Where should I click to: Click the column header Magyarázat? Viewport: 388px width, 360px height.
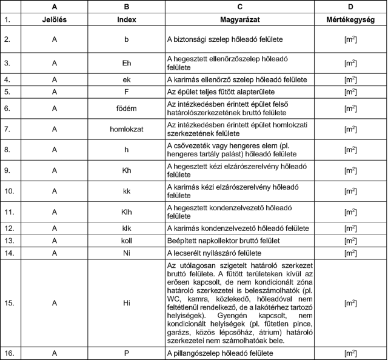coord(240,19)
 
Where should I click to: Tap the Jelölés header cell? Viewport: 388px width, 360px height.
coord(54,19)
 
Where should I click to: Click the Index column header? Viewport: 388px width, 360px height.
coord(126,19)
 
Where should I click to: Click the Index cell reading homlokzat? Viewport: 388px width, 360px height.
coord(126,129)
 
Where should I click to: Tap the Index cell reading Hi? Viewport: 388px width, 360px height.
coord(126,301)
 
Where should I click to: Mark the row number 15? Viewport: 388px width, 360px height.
coord(10,301)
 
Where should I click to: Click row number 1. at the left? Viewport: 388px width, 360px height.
coord(10,19)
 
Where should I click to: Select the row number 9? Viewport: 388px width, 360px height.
coord(10,172)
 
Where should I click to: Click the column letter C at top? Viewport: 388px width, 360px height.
coord(240,7)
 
